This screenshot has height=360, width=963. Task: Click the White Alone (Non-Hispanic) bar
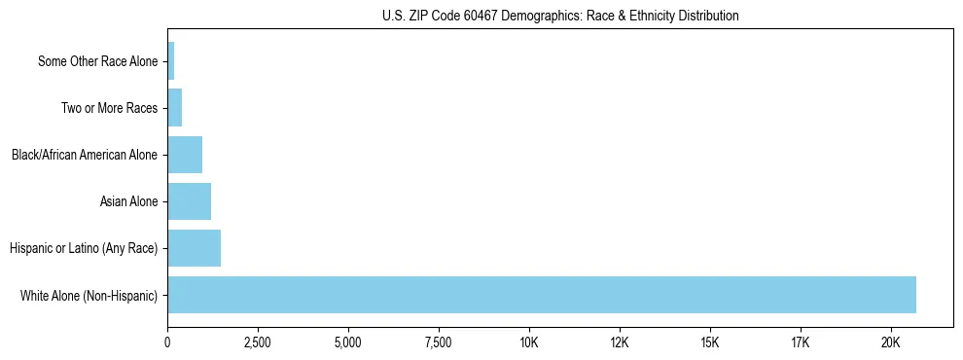542,295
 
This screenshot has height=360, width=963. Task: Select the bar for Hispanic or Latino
195,248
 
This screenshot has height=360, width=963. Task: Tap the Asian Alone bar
190,201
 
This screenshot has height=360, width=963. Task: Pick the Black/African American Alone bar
185,155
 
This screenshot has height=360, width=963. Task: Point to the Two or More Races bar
175,108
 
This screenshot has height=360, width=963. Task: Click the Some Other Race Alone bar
171,61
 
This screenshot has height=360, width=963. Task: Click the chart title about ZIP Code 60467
560,16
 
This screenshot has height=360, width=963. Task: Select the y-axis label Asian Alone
128,202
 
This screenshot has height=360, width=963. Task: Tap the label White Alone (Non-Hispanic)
89,296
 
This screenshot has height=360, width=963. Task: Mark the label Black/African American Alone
85,156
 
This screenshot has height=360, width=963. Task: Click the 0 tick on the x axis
167,342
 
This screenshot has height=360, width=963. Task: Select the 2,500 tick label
258,342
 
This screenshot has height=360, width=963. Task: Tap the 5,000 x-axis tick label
348,342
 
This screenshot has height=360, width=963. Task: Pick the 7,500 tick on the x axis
439,342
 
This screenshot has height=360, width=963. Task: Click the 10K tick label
529,342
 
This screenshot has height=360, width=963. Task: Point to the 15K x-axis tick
710,342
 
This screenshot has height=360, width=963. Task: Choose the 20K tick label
891,342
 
